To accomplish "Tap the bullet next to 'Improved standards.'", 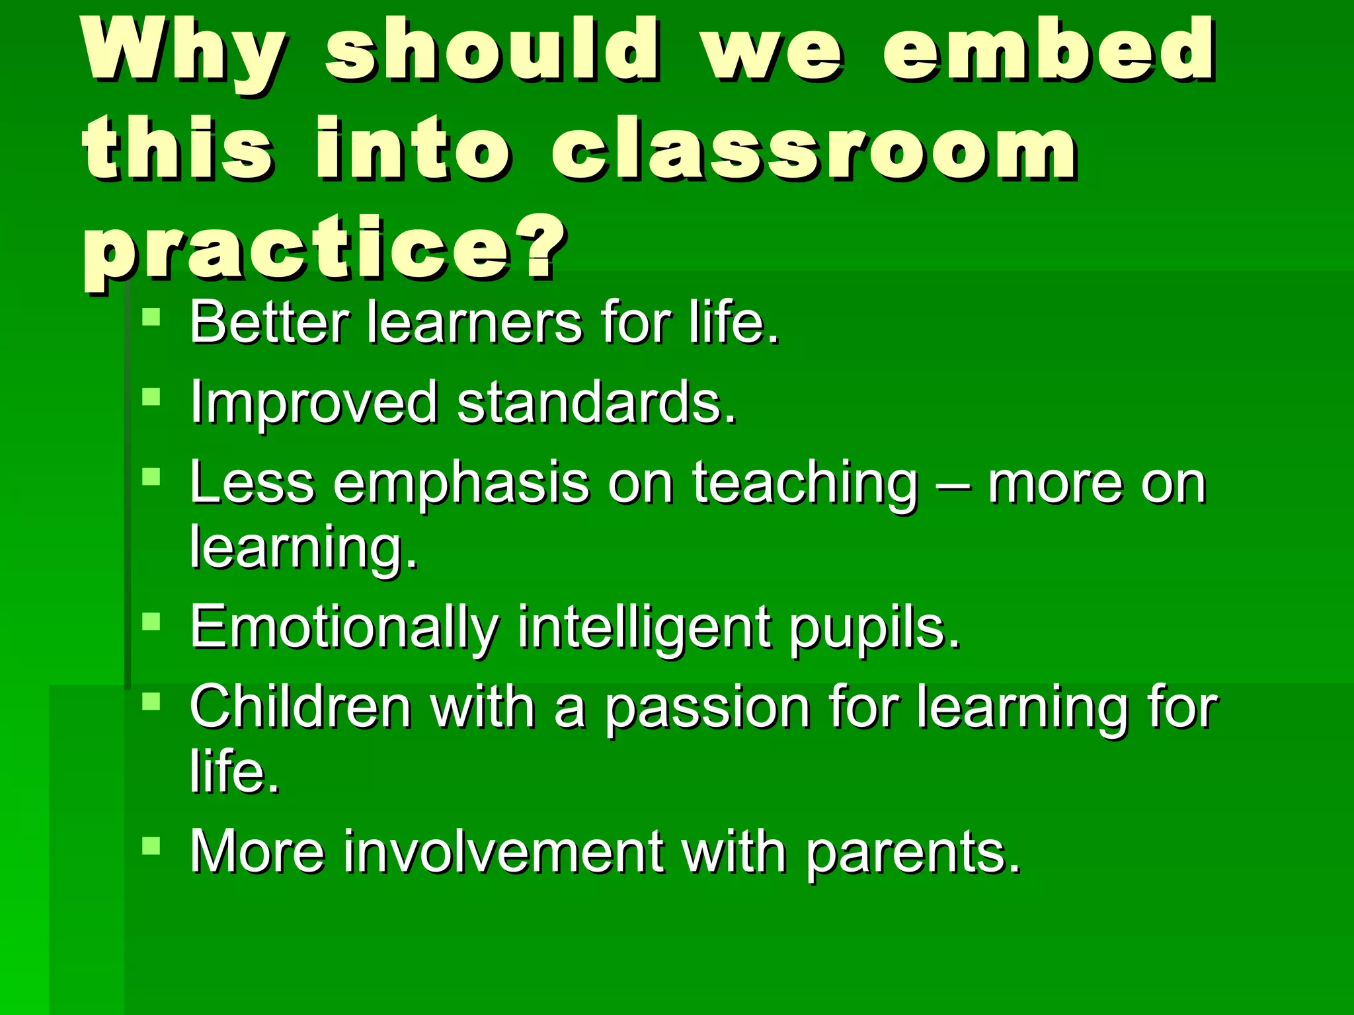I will [x=151, y=396].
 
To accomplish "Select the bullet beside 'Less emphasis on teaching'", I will [x=151, y=476].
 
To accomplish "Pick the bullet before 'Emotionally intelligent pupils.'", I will [x=151, y=621].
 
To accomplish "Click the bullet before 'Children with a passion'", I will [x=151, y=700].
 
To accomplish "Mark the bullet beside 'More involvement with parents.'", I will [x=151, y=846].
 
